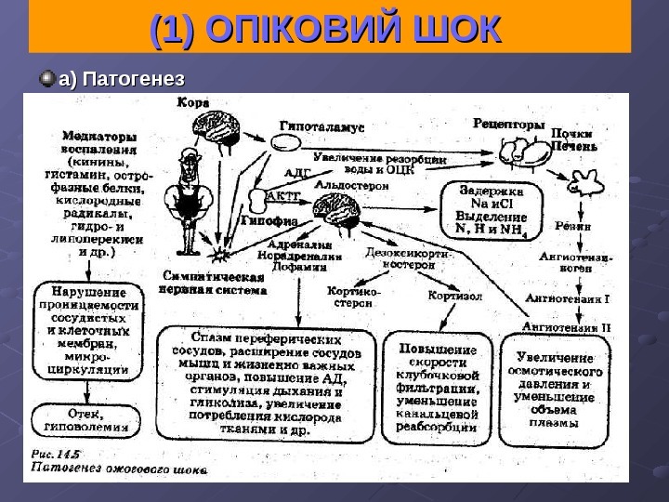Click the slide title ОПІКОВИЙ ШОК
325,31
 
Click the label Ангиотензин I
568,299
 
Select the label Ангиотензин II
567,327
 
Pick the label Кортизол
454,297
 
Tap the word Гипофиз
269,222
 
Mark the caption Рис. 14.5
57,455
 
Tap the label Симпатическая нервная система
215,283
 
